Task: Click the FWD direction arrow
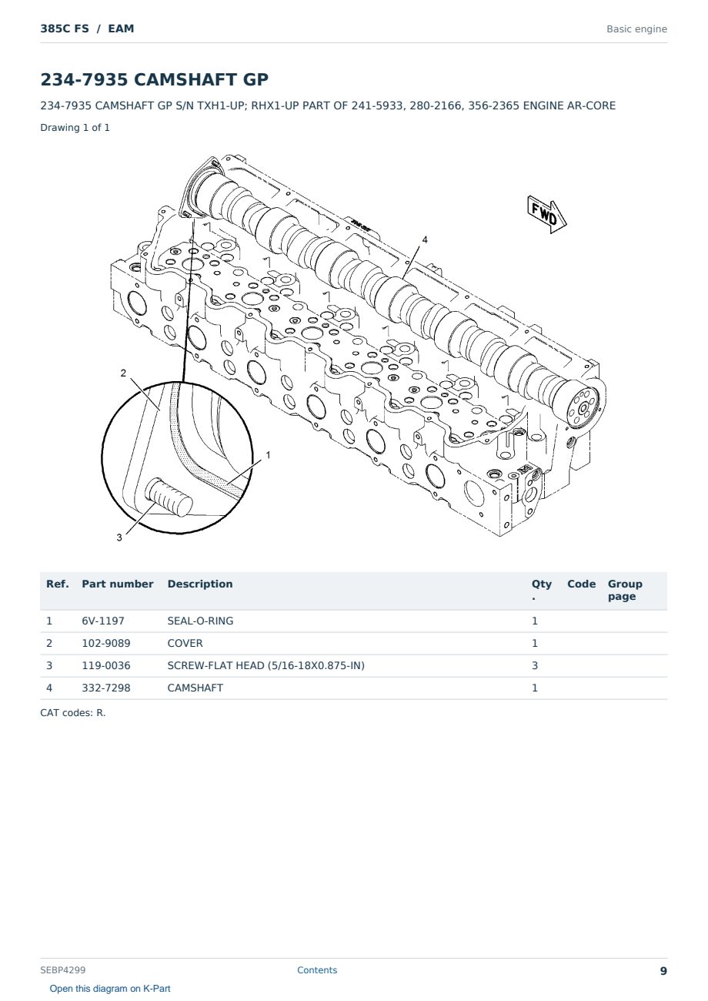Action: (x=546, y=215)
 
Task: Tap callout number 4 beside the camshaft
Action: (x=425, y=240)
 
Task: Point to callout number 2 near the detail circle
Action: (x=123, y=373)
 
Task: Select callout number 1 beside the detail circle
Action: (x=268, y=455)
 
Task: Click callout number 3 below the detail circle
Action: (x=119, y=537)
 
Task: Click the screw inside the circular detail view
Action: (x=169, y=497)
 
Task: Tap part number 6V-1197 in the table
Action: (x=103, y=621)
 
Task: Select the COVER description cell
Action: (x=185, y=643)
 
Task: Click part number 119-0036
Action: (x=106, y=665)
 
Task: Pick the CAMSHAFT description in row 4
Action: (x=195, y=688)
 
